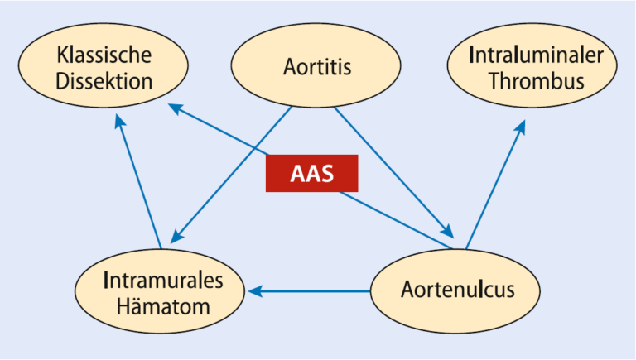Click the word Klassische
[x=104, y=55]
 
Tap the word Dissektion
[x=104, y=81]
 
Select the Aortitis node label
[x=317, y=66]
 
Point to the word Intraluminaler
[x=536, y=55]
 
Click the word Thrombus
[x=537, y=80]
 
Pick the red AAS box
[x=312, y=173]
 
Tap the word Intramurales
[x=163, y=280]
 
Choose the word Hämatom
[x=163, y=306]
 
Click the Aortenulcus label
[x=458, y=290]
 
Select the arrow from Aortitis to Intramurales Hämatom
[x=231, y=175]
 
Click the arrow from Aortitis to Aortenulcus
[x=393, y=172]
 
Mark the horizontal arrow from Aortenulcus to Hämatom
[x=309, y=291]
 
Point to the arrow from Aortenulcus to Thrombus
[x=496, y=184]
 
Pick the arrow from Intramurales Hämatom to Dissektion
[x=138, y=180]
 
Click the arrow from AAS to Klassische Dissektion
[x=219, y=129]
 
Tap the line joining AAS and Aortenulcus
[x=396, y=220]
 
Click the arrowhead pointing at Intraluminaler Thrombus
[x=520, y=127]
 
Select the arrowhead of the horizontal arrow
[x=255, y=291]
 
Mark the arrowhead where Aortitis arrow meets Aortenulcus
[x=447, y=231]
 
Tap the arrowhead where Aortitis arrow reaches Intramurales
[x=177, y=237]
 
